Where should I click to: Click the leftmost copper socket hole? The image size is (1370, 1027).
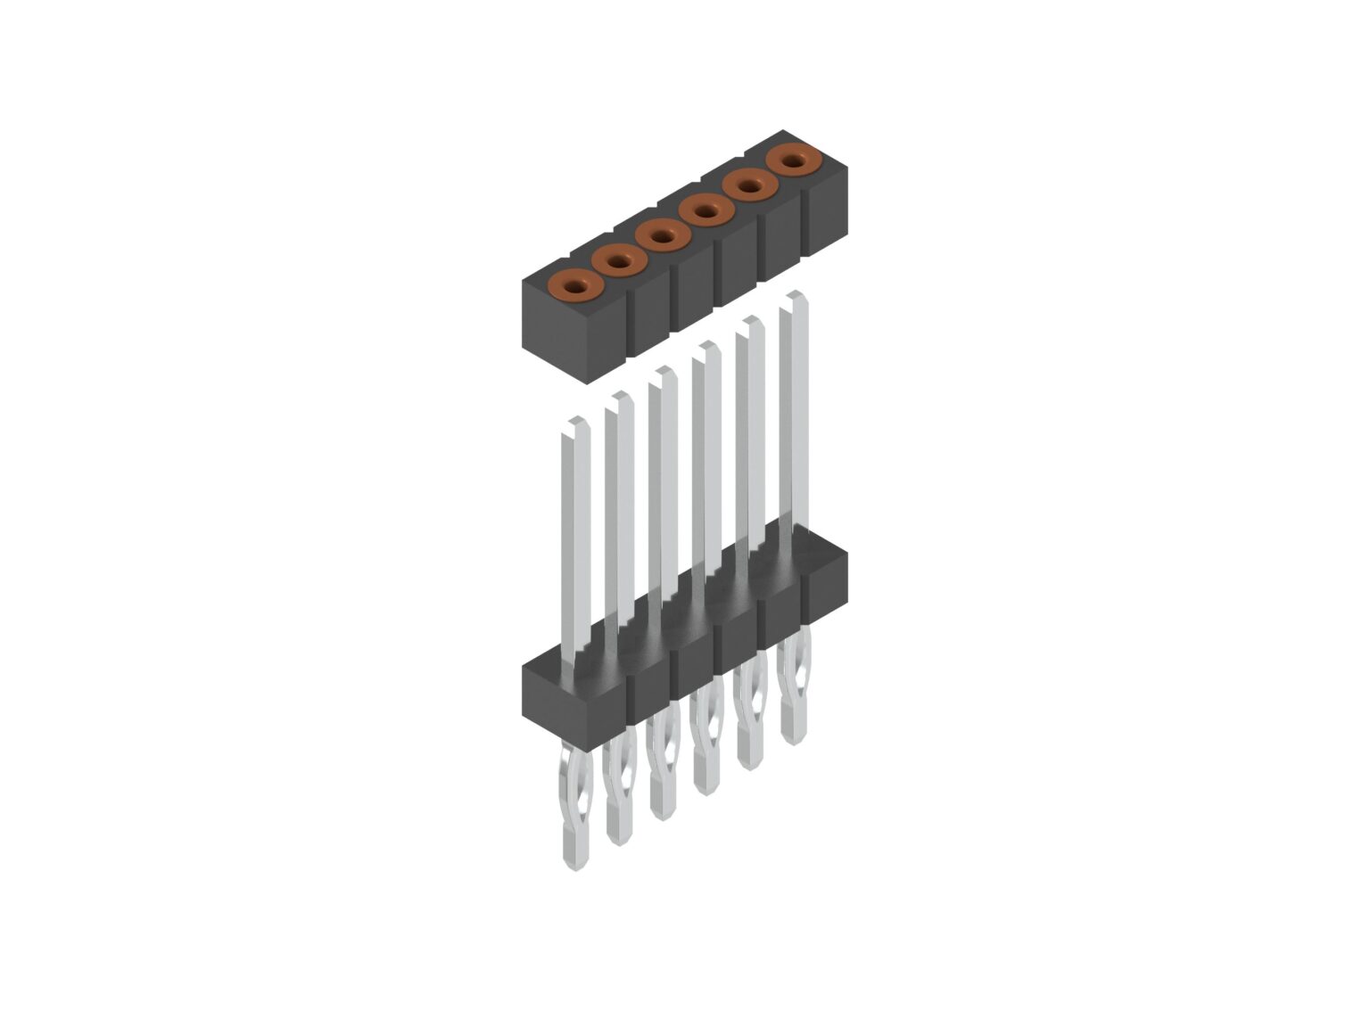573,286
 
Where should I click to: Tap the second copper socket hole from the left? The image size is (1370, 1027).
617,261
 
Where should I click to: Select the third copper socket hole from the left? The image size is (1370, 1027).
661,236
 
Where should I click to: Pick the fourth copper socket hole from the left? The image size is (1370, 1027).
706,211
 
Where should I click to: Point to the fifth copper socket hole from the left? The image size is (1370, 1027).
749,186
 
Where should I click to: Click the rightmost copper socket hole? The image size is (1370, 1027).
794,161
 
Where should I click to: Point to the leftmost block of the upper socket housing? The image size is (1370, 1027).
571,334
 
